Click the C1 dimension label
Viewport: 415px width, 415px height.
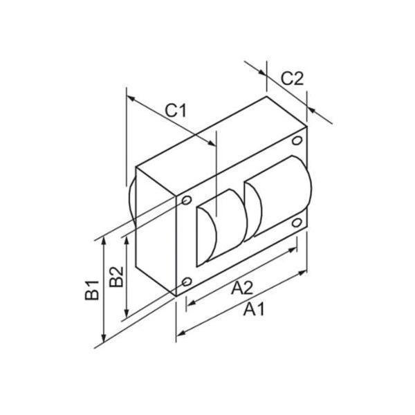point(176,110)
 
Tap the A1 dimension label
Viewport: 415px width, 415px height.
point(253,310)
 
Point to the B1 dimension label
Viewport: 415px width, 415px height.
point(90,286)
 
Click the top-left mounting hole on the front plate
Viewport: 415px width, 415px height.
point(187,201)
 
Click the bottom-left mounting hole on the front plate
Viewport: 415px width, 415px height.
point(187,282)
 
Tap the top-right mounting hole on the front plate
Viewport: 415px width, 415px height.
point(297,141)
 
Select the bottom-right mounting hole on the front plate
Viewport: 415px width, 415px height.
point(297,223)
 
